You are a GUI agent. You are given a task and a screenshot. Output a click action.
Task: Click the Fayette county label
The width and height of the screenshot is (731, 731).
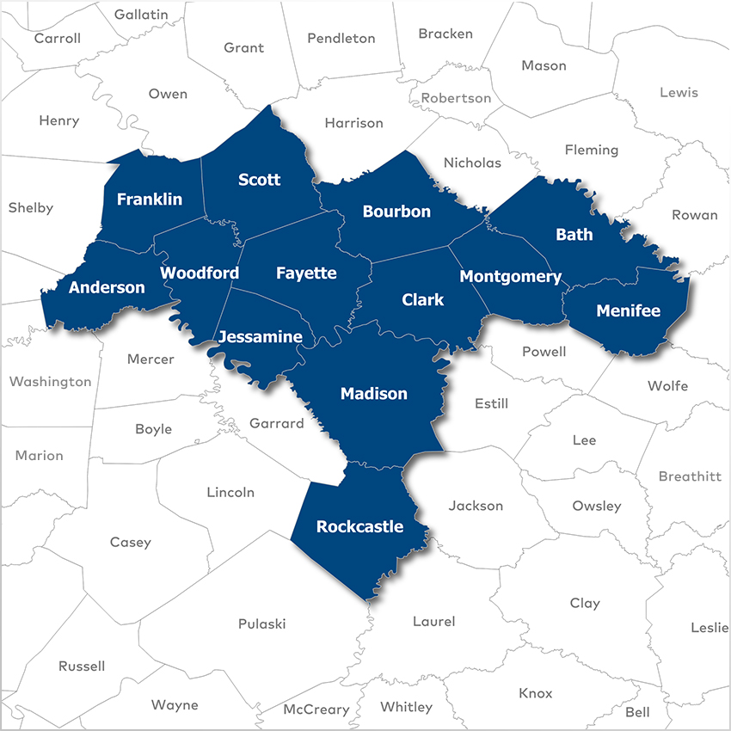306,273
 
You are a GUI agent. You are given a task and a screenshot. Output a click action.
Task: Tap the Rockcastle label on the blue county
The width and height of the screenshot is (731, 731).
359,526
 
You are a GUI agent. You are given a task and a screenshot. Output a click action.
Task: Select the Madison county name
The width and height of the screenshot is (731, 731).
374,394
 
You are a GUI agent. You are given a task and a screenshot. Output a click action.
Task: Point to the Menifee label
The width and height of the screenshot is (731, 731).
628,310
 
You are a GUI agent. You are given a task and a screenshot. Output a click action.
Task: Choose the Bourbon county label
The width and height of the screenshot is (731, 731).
396,211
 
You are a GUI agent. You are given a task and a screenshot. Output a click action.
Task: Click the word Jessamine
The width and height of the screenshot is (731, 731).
260,336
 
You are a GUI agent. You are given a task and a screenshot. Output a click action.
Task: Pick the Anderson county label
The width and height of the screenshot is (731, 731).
107,287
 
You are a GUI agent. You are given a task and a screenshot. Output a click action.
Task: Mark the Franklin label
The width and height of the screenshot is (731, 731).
150,200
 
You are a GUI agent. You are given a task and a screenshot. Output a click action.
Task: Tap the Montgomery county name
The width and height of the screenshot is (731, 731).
510,276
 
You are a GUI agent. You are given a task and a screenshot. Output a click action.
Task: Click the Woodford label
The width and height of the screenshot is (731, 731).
200,273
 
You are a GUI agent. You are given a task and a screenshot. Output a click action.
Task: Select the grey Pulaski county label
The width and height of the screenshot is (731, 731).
261,623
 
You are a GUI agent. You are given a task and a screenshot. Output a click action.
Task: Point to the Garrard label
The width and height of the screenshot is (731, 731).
276,423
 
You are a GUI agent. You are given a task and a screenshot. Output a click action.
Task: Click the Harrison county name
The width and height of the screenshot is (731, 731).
353,123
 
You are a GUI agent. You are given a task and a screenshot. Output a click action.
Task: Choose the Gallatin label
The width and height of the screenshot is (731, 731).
141,15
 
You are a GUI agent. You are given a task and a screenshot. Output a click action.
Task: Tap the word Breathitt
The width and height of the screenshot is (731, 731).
690,476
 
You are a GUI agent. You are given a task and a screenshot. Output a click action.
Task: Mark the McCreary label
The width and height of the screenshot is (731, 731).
316,709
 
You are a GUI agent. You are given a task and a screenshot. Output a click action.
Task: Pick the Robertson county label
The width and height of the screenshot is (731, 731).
456,98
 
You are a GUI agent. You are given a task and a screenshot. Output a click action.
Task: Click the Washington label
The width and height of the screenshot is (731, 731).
50,381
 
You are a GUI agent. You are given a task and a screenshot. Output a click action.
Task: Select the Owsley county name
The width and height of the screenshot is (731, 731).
596,506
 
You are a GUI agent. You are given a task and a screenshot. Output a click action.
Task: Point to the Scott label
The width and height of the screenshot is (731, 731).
259,179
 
